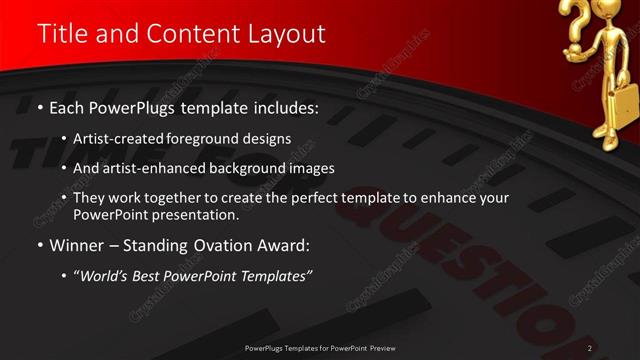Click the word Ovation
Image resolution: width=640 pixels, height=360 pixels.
(x=213, y=246)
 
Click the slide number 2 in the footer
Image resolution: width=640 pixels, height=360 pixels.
(x=590, y=348)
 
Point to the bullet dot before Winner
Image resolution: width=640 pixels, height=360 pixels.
(x=38, y=246)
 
